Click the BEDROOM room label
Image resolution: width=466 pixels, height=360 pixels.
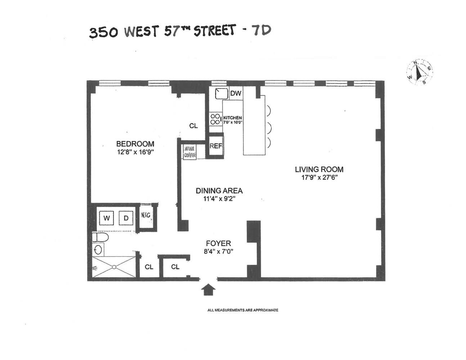coord(135,144)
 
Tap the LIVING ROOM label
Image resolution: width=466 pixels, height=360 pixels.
coord(319,169)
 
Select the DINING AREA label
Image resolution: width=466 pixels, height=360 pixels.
coord(219,191)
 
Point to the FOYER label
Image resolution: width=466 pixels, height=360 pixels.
coord(218,243)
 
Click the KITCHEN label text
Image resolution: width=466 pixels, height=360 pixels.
coord(233,118)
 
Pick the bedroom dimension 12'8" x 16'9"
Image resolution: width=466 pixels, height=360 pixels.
coord(135,152)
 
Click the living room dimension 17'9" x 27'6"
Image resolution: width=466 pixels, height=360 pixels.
coord(319,177)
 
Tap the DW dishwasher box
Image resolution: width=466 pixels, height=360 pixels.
coord(236,94)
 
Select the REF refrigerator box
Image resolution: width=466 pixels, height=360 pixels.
coord(216,146)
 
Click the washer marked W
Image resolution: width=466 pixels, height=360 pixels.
coord(107,218)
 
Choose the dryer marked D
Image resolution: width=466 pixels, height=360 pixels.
coord(126,218)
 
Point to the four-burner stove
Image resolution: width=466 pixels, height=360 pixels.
coord(215,119)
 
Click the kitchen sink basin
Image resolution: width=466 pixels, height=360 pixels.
coord(222,94)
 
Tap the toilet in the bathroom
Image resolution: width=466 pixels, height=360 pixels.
coord(100,237)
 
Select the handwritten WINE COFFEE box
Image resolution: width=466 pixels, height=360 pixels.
coord(190,152)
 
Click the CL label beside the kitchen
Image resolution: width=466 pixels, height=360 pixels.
coord(194,126)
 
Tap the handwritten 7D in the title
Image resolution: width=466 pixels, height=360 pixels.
coord(261,31)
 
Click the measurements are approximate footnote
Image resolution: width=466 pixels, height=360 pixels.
coord(243,310)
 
